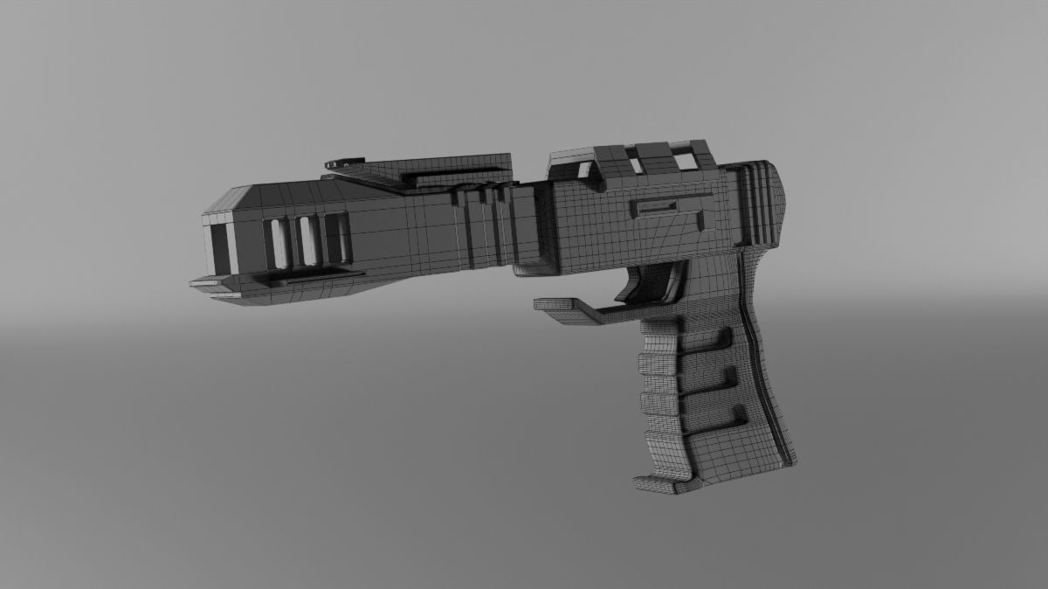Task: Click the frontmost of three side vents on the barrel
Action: pyautogui.click(x=277, y=243)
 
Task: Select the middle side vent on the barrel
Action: pyautogui.click(x=307, y=240)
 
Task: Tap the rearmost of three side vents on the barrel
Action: pyautogui.click(x=335, y=239)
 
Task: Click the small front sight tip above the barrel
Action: pyautogui.click(x=344, y=163)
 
